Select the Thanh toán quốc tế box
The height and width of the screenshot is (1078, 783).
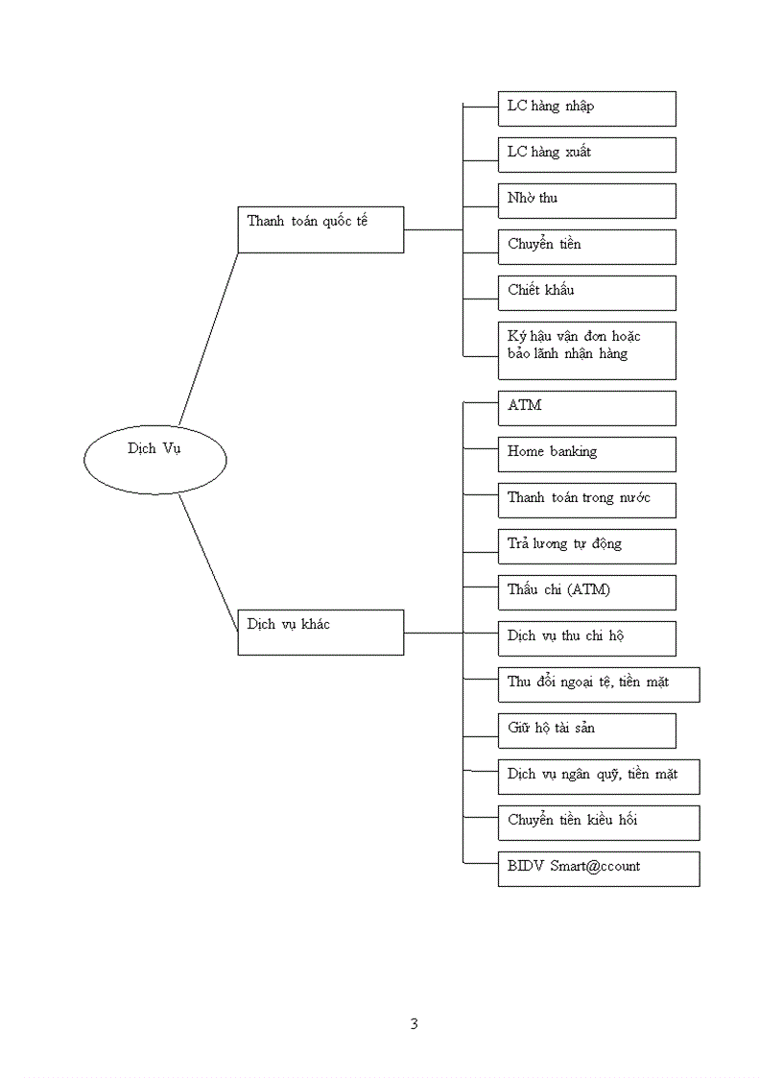pyautogui.click(x=320, y=229)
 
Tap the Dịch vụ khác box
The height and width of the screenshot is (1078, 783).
pyautogui.click(x=320, y=633)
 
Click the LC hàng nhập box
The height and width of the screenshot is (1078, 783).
pyautogui.click(x=586, y=108)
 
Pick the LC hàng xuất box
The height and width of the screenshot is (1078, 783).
pyautogui.click(x=586, y=155)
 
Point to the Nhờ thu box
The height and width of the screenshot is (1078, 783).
pyautogui.click(x=586, y=201)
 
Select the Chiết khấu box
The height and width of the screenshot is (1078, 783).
pyautogui.click(x=586, y=293)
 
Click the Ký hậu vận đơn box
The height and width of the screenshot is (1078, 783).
pyautogui.click(x=586, y=350)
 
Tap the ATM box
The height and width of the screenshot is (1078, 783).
pyautogui.click(x=586, y=408)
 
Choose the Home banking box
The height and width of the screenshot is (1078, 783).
pyautogui.click(x=586, y=454)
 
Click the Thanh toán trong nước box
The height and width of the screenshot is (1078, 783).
pyautogui.click(x=586, y=500)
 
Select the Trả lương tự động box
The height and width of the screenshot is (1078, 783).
pyautogui.click(x=586, y=546)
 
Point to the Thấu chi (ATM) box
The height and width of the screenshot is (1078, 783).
pyautogui.click(x=586, y=592)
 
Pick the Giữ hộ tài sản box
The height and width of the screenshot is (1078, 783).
pyautogui.click(x=586, y=731)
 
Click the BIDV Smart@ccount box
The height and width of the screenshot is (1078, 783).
pyautogui.click(x=598, y=869)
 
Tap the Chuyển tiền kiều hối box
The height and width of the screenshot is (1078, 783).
pyautogui.click(x=598, y=823)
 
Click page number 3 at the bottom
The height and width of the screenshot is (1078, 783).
pyautogui.click(x=414, y=1023)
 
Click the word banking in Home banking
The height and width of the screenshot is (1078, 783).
pyautogui.click(x=573, y=451)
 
